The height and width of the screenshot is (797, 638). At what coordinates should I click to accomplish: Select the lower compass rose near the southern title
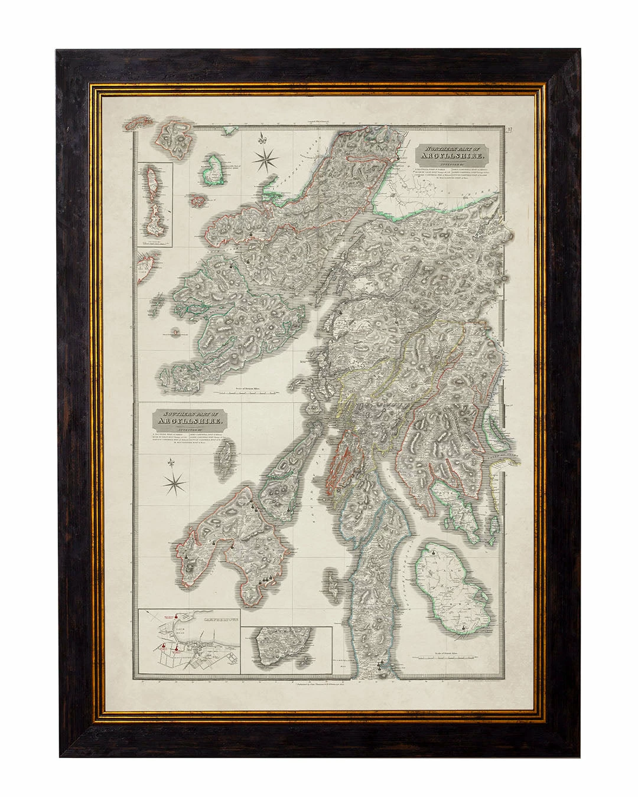pos(175,485)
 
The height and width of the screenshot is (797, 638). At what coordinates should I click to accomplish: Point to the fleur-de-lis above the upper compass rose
pos(262,141)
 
